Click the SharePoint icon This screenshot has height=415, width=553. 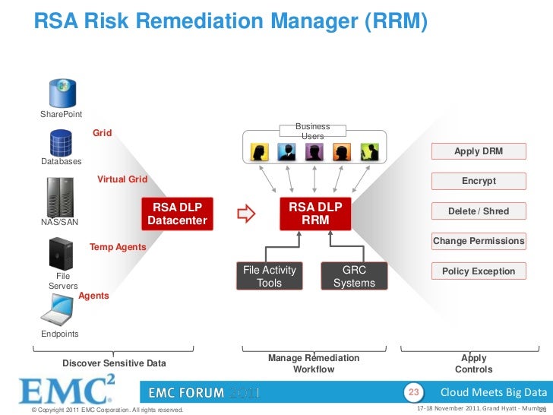[63, 93]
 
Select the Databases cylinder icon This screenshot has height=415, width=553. [61, 142]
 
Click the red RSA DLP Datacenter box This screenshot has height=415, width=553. [178, 214]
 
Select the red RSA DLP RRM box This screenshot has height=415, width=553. [315, 214]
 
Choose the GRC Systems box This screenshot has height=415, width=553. [354, 277]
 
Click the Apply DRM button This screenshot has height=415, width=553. [478, 152]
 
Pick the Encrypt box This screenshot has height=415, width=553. [478, 182]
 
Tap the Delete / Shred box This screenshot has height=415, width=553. [478, 211]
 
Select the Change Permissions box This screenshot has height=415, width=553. [478, 242]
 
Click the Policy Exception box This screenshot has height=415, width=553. [478, 271]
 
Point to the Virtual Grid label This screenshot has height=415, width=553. [122, 180]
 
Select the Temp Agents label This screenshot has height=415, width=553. [118, 248]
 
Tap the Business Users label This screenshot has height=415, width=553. [312, 131]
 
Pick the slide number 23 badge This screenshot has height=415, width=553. [414, 392]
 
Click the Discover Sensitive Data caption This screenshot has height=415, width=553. [114, 364]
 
